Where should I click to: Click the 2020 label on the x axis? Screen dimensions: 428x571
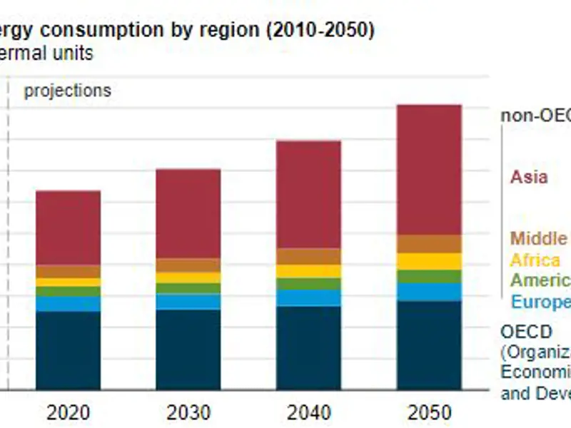click(68, 412)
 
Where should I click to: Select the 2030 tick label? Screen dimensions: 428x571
click(188, 412)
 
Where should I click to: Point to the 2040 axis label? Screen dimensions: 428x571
click(309, 412)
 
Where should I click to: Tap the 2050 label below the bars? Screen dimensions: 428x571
click(430, 412)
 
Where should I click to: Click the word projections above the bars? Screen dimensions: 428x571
click(68, 91)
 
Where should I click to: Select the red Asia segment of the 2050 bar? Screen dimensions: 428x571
click(430, 170)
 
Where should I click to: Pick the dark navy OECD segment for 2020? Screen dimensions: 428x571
click(68, 350)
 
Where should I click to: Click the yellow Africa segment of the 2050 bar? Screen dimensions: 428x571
click(430, 261)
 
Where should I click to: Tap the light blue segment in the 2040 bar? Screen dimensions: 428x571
click(309, 297)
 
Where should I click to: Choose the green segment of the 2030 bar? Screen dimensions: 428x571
click(188, 288)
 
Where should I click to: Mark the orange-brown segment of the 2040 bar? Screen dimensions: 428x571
click(309, 256)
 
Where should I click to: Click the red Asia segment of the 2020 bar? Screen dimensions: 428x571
click(68, 228)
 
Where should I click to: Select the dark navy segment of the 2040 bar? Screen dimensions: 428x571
click(309, 347)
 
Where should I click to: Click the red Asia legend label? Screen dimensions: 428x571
click(529, 176)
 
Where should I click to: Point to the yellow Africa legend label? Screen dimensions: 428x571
click(535, 260)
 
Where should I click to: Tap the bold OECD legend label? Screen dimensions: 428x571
click(526, 332)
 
